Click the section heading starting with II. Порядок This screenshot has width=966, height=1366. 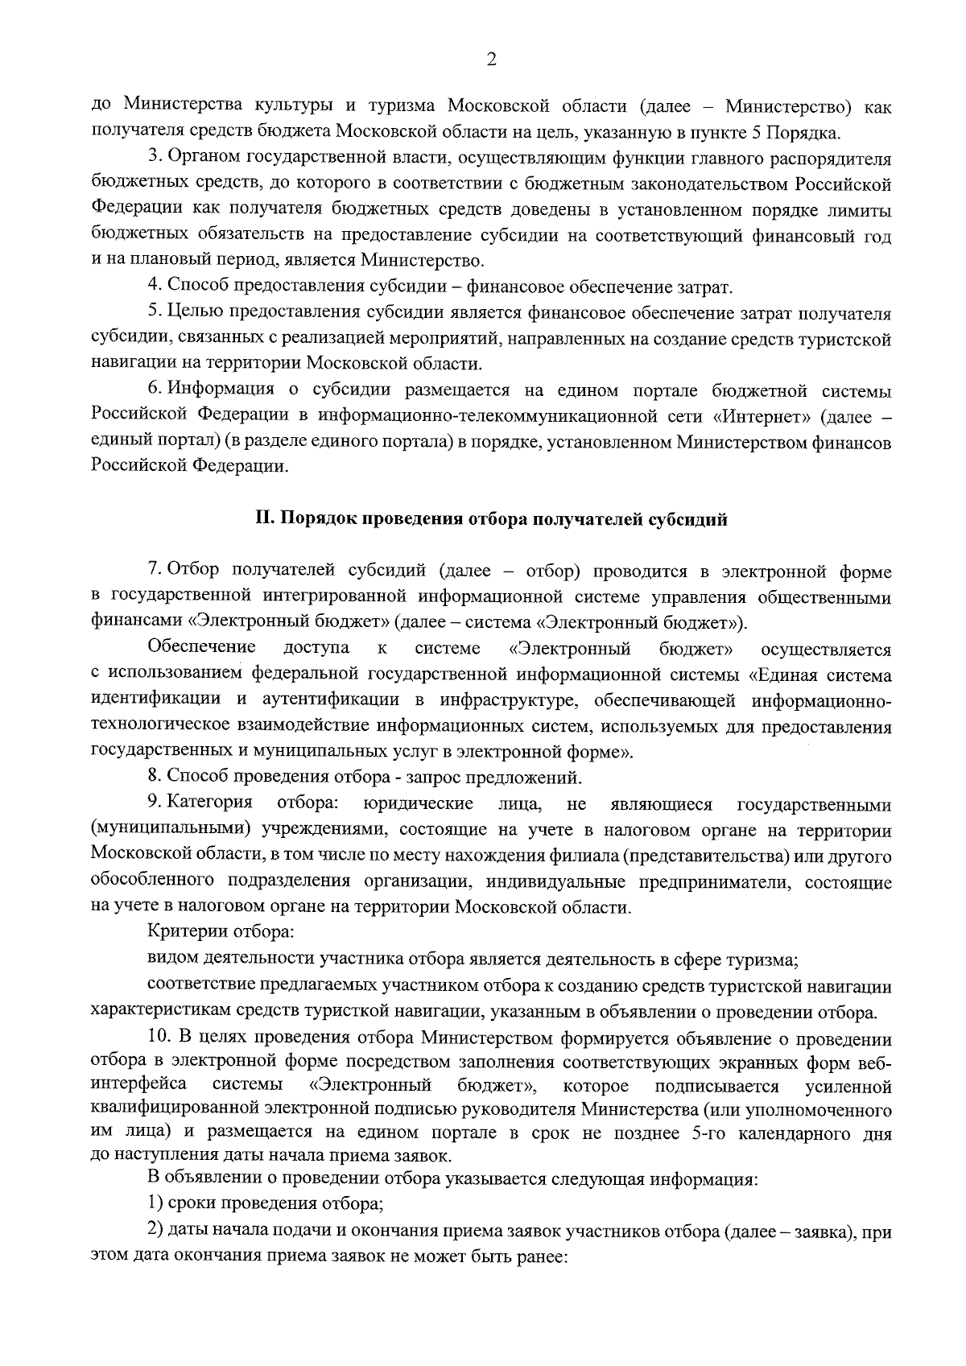[491, 519]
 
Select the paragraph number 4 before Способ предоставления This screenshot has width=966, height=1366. [153, 286]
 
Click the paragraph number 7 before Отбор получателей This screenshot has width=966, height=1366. [153, 572]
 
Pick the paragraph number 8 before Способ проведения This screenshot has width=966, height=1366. [153, 778]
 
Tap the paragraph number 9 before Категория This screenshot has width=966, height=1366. [153, 803]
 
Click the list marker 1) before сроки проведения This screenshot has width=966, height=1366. [155, 1205]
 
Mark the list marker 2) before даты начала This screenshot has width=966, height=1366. [155, 1232]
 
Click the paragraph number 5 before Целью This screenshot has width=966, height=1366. [153, 312]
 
